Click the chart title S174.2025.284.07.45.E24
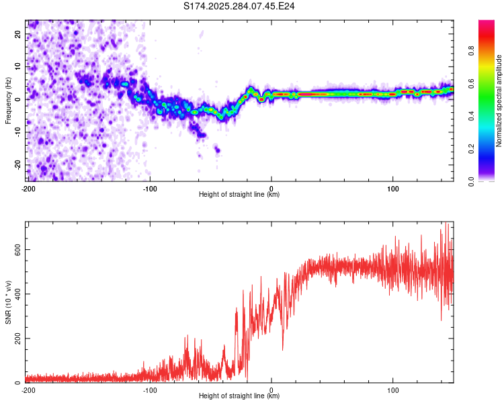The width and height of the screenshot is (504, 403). pos(240,6)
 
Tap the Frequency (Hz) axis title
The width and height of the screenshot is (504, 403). pos(9,100)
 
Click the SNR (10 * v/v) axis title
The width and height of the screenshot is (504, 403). pos(9,302)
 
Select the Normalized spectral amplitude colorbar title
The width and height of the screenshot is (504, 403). pos(499,100)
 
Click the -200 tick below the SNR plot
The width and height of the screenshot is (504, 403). pos(28,390)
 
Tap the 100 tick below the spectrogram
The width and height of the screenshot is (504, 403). pos(393,188)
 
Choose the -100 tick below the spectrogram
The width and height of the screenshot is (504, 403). pos(149,188)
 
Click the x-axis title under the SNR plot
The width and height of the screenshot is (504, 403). pos(239,397)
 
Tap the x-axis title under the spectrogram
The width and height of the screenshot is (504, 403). pos(239,195)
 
